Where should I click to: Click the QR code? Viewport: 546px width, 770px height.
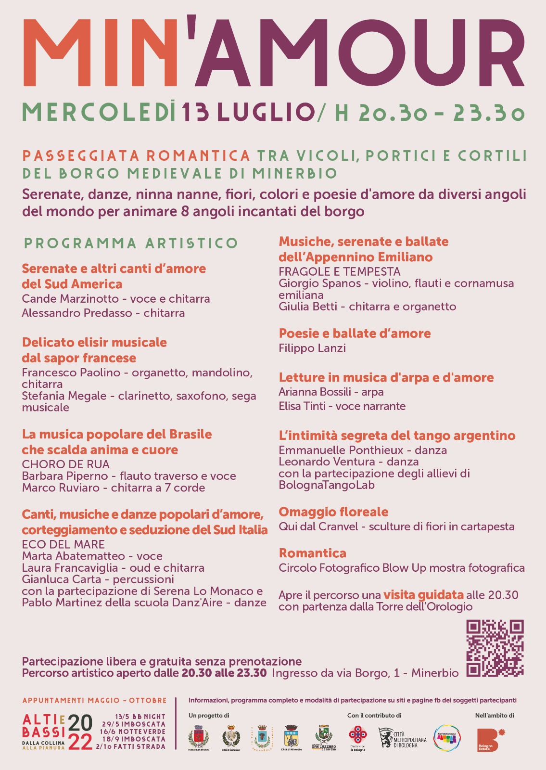point(495,648)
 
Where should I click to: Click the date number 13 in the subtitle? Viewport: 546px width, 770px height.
point(196,113)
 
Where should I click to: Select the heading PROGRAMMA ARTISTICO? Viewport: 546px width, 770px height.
point(131,243)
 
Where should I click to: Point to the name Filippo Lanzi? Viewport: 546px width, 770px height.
point(312,348)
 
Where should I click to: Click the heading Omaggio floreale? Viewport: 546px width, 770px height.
point(333,512)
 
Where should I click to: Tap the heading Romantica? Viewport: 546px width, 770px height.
point(312,553)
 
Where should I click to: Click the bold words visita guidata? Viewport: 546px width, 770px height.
point(423,595)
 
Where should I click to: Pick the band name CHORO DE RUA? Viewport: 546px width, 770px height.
point(66,464)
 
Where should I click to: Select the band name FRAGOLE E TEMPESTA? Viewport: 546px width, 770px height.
point(340,271)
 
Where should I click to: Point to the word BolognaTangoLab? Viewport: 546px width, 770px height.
point(327,485)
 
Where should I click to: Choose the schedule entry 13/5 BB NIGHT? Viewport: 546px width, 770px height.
point(140,717)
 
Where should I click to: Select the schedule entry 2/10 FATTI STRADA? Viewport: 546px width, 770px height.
point(130,746)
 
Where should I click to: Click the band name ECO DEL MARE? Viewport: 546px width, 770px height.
point(63,544)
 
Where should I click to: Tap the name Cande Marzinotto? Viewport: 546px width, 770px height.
point(70,299)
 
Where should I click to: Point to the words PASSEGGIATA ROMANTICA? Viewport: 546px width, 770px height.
point(136,156)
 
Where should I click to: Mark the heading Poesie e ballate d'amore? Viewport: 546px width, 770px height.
point(355,334)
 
